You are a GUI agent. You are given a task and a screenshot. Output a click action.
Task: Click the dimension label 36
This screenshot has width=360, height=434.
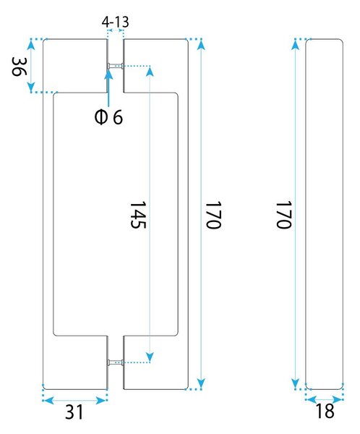19,67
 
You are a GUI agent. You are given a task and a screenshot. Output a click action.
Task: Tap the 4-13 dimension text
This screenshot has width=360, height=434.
116,22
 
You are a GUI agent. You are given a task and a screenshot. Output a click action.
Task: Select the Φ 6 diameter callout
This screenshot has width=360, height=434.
108,117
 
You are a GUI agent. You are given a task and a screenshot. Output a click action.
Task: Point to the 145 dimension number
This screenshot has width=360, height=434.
138,215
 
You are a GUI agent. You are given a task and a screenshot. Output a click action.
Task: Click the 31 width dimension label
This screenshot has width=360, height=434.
74,412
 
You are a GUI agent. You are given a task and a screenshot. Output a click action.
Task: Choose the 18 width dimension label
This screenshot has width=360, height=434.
325,411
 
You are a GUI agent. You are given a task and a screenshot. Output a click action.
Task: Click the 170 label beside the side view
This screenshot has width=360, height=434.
283,215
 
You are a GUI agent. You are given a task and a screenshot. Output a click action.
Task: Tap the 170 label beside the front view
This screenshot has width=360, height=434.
213,215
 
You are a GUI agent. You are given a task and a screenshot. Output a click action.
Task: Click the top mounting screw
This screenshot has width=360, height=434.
116,66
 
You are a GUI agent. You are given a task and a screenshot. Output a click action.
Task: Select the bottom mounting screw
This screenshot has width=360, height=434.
116,362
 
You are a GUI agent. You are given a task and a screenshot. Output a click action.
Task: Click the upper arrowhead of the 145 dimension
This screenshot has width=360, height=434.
150,72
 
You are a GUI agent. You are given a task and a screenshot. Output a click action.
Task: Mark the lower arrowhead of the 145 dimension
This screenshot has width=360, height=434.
150,357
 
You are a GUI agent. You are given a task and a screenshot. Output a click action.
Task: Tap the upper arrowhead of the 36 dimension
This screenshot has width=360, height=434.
31,44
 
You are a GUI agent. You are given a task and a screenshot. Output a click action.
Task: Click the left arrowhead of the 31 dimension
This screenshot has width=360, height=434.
48,400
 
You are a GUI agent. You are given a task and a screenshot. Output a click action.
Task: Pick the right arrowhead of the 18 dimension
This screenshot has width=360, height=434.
338,400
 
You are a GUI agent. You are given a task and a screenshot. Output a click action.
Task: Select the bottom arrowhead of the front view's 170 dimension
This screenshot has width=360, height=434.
202,383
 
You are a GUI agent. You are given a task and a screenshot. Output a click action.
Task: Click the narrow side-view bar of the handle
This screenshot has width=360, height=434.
325,214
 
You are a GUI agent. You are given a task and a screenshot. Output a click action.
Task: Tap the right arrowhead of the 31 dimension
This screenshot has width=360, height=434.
100,400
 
